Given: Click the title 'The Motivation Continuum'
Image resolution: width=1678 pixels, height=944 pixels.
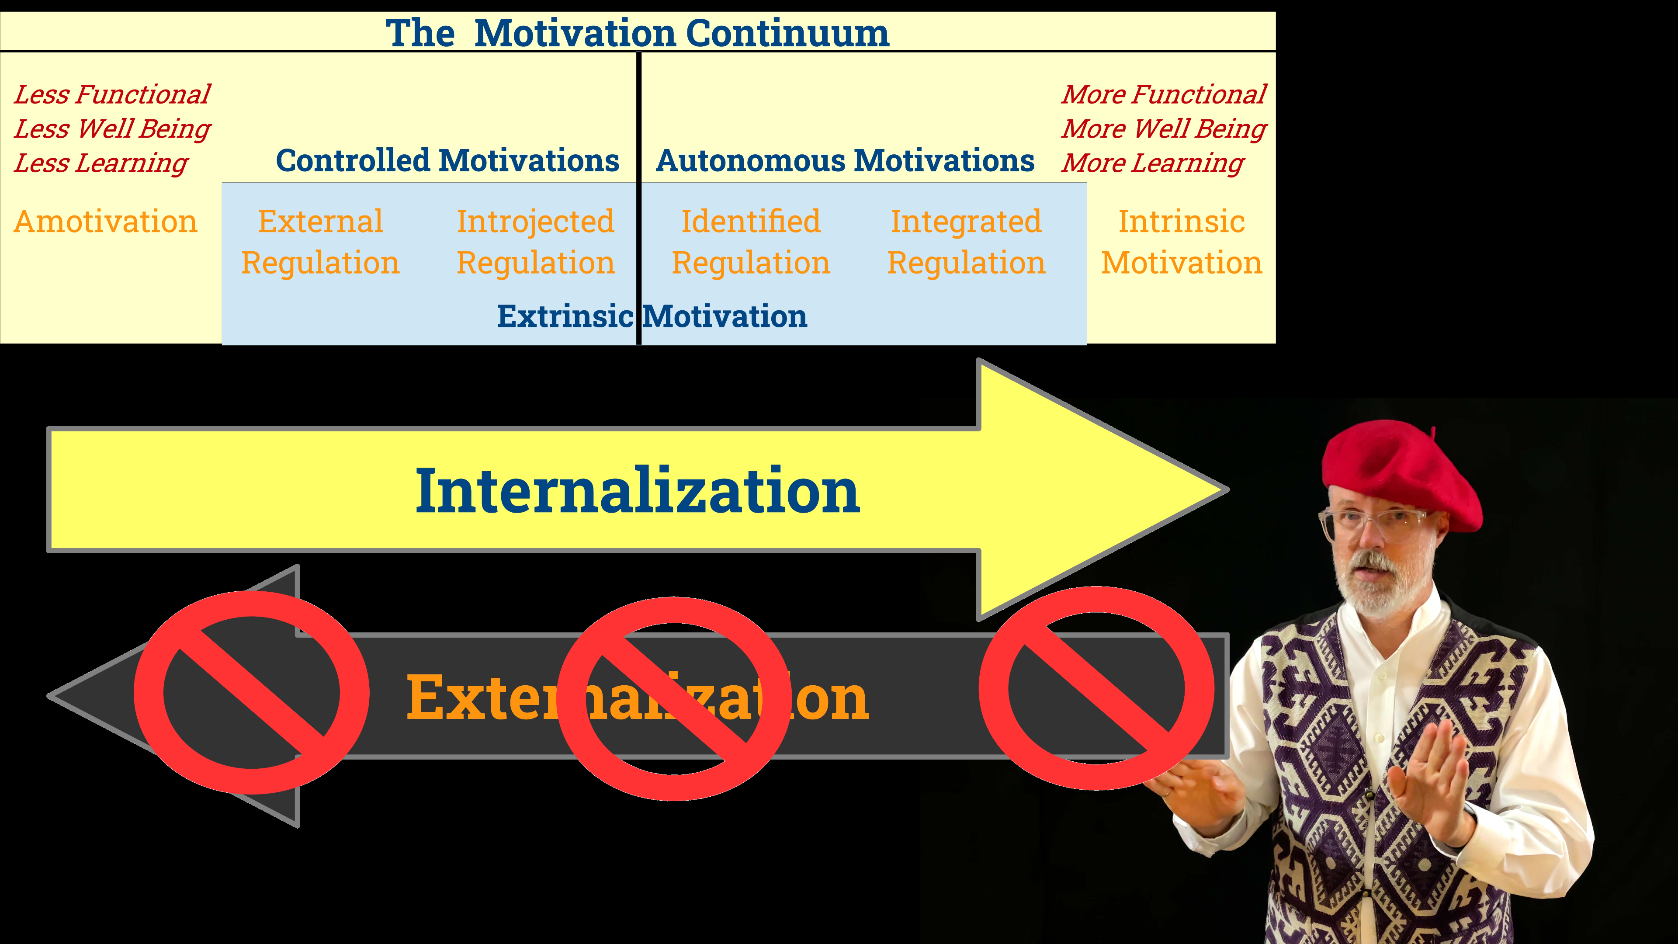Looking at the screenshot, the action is [x=637, y=33].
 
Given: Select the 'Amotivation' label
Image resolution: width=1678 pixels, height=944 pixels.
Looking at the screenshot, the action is [x=105, y=222].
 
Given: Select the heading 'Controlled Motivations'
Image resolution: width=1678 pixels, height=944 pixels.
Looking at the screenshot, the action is [x=447, y=160].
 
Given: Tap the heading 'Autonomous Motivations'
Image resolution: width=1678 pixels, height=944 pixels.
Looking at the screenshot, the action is [x=845, y=160].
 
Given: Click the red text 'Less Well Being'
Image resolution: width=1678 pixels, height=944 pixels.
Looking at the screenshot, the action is [x=112, y=128].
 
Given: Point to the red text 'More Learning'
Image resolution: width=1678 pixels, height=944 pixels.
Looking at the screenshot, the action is [x=1152, y=163].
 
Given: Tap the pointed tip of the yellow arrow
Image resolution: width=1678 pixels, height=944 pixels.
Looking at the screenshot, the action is [x=1228, y=489].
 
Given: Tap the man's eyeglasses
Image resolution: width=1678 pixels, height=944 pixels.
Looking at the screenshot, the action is [x=1371, y=522].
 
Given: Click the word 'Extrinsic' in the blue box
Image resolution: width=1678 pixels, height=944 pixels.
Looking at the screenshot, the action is [x=565, y=316].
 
